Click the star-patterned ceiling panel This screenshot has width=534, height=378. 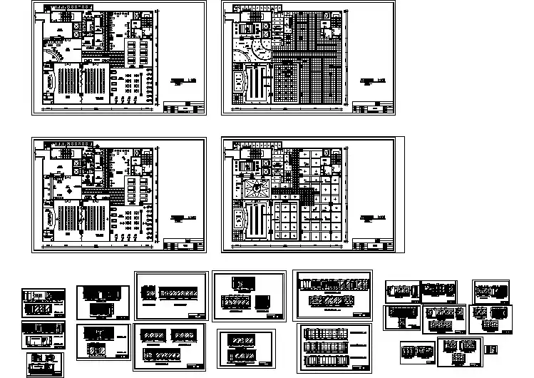[x=255, y=188]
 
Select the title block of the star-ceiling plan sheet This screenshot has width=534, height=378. [x=374, y=245]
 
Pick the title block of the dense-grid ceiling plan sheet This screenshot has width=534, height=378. [x=374, y=108]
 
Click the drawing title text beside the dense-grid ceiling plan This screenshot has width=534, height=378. [x=369, y=81]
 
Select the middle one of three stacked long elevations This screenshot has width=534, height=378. [x=334, y=346]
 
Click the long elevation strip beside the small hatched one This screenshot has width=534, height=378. [x=178, y=294]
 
